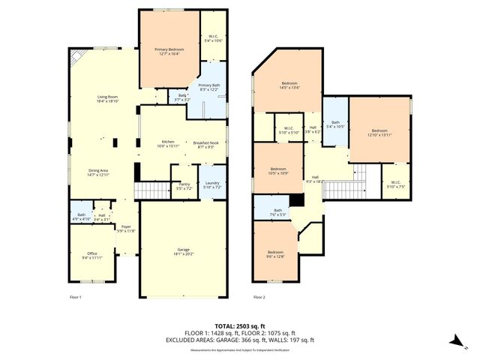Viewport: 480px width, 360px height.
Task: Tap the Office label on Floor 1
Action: point(92,255)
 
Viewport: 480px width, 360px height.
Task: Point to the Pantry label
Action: point(184,185)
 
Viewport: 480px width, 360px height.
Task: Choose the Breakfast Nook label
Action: point(205,144)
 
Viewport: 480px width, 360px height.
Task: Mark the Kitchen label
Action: point(169,144)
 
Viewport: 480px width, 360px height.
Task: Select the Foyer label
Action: point(126,228)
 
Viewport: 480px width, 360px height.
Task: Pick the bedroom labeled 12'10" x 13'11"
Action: point(380,132)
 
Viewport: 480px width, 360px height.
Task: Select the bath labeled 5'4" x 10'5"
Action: point(335,124)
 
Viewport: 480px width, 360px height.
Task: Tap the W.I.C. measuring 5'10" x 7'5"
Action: point(394,185)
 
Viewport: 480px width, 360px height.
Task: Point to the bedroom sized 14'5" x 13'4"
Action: point(289,85)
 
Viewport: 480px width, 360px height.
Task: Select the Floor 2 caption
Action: point(259,298)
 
